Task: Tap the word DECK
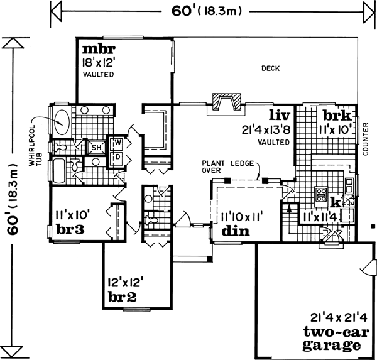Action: pos(270,69)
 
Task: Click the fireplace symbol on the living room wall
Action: pos(226,101)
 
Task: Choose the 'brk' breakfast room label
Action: pos(336,116)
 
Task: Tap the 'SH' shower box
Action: pos(97,148)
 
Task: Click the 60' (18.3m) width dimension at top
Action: pos(208,11)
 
